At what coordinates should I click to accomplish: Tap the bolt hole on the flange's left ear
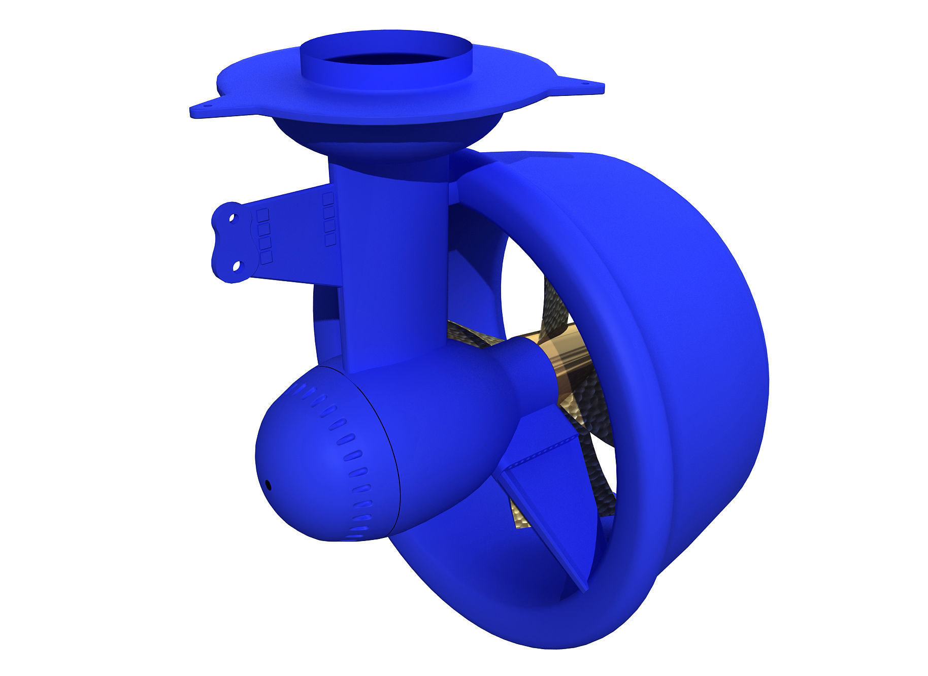[207, 106]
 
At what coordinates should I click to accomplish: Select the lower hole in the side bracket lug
[237, 266]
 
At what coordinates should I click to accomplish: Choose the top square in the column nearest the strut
[328, 197]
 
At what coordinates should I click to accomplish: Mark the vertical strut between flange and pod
[391, 264]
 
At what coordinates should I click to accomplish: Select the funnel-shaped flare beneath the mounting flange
[386, 137]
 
